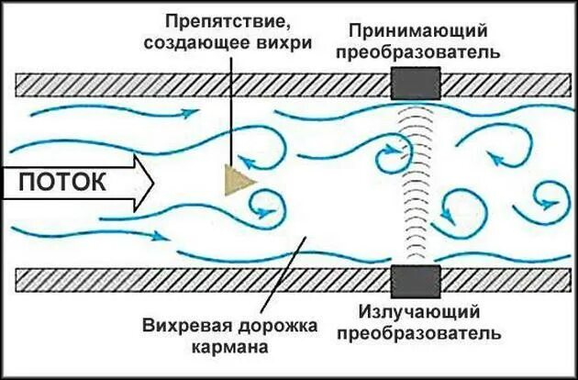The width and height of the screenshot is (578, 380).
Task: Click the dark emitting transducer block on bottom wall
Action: pos(416,280)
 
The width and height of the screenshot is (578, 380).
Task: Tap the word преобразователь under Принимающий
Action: pos(418,52)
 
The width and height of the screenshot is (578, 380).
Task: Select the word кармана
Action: pos(229,348)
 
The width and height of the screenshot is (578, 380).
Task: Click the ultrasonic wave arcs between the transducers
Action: pos(416,184)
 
